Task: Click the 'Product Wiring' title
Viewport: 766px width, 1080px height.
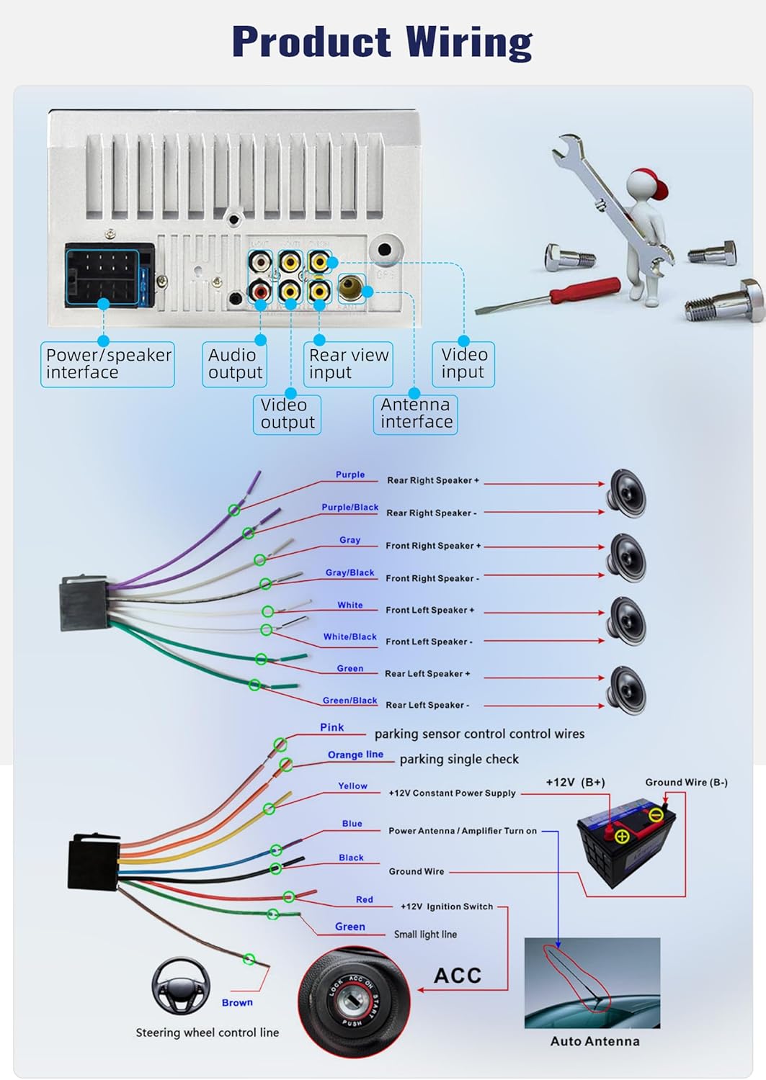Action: click(382, 42)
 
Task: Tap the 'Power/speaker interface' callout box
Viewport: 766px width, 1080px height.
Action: click(108, 364)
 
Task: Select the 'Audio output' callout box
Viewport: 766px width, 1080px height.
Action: click(235, 364)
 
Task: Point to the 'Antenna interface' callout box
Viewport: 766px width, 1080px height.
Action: click(416, 413)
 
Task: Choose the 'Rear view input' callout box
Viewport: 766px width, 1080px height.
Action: click(348, 364)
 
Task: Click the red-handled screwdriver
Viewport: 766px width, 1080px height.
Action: click(548, 297)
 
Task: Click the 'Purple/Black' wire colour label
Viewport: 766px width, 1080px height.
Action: click(349, 508)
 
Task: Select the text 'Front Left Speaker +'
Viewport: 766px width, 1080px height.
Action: click(429, 611)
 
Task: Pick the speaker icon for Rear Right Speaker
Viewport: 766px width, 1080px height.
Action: click(628, 493)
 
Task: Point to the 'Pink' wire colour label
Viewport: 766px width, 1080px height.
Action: click(332, 728)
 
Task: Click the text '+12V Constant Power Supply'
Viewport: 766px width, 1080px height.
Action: click(452, 793)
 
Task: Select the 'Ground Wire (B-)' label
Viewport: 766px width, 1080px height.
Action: click(686, 783)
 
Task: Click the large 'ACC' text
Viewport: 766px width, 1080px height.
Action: click(458, 976)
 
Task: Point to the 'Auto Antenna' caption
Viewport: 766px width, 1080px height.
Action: click(594, 1041)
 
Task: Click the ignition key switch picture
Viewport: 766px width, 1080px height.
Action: click(354, 1000)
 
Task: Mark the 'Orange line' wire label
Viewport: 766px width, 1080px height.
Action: click(355, 755)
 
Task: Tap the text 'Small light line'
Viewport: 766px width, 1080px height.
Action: click(425, 935)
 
